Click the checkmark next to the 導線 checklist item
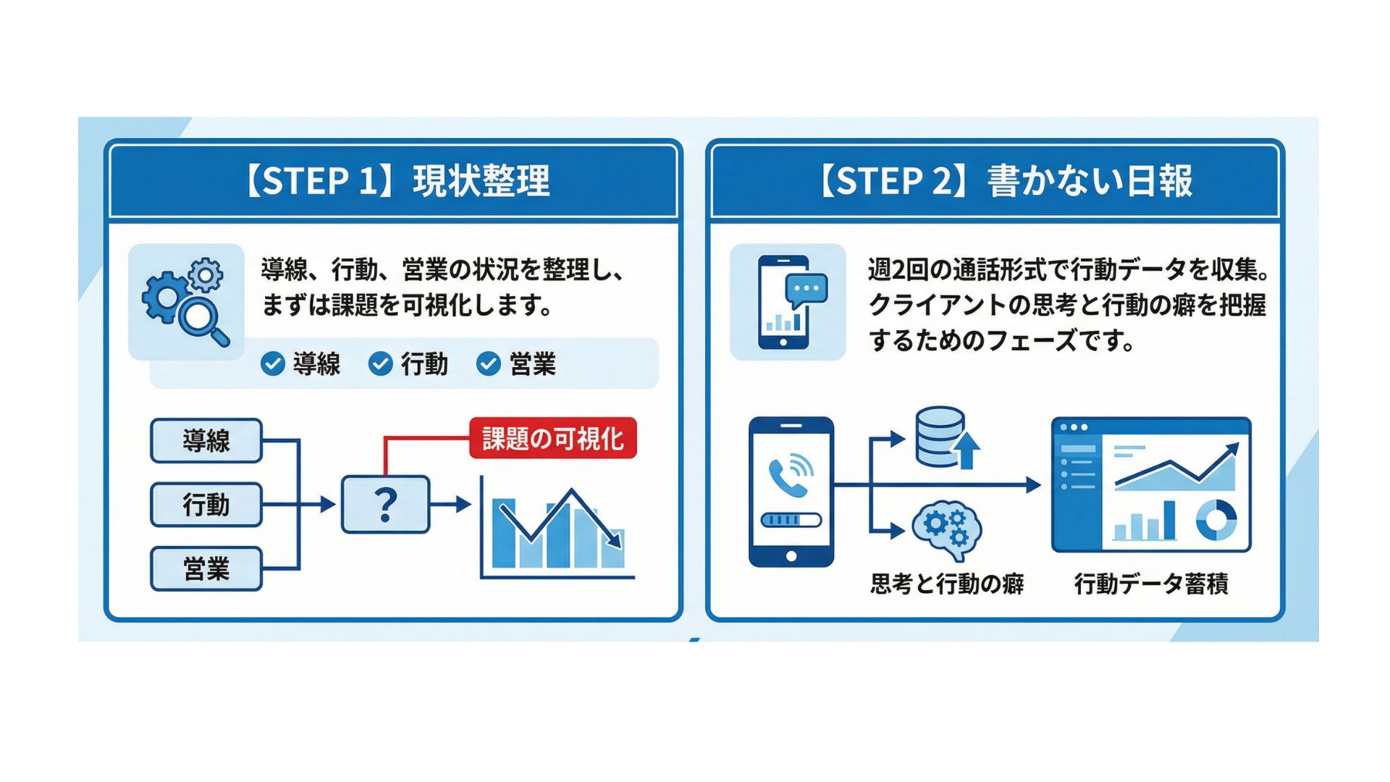click(272, 363)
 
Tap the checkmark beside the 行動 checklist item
click(380, 363)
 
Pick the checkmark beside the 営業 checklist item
click(489, 363)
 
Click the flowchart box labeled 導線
click(206, 440)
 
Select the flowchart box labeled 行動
click(206, 504)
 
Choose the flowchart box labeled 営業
click(206, 568)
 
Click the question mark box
click(385, 504)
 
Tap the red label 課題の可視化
click(552, 438)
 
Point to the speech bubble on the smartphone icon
click(806, 290)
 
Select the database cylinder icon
click(940, 436)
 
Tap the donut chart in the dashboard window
click(1216, 520)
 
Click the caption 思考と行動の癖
click(947, 584)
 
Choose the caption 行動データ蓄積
click(1151, 584)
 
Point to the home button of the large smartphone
click(791, 556)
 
